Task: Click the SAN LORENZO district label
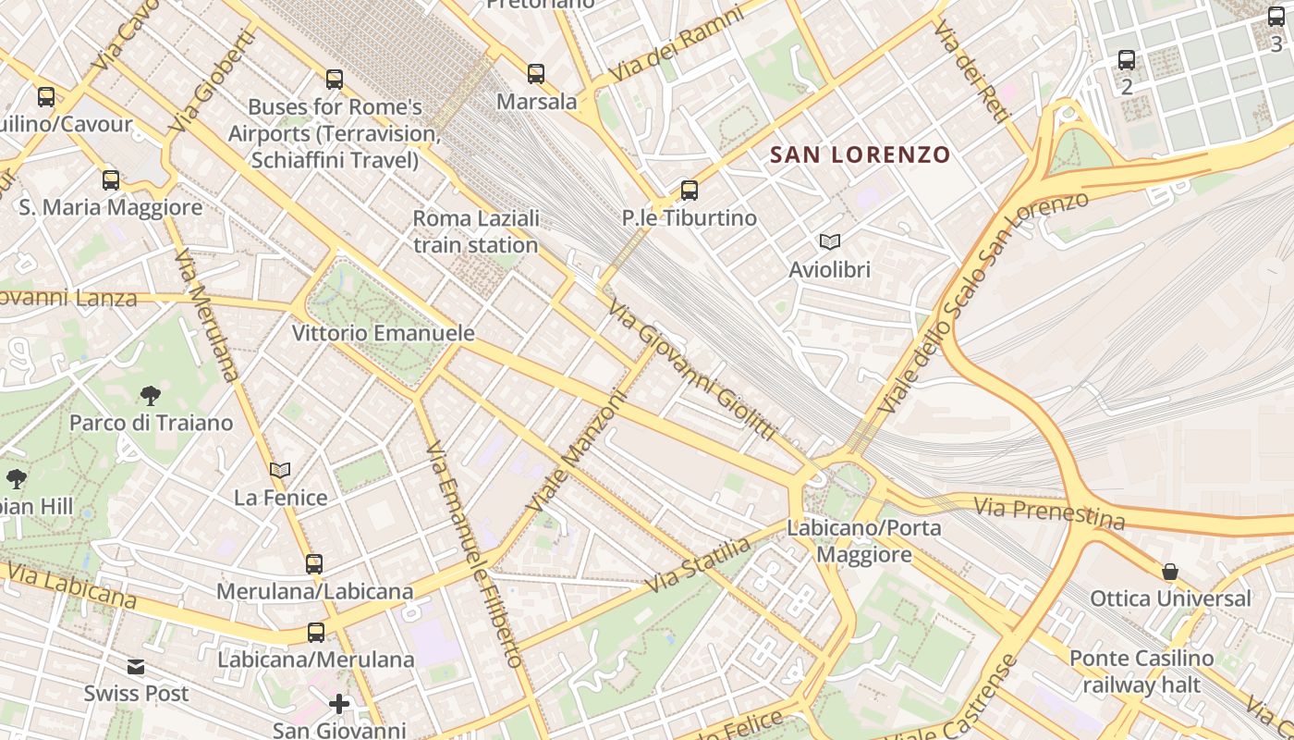[x=861, y=154]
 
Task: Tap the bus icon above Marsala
[x=536, y=74]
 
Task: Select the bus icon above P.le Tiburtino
[x=690, y=191]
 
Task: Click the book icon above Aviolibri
[x=830, y=241]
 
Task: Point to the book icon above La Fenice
[x=280, y=470]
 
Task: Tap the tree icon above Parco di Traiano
[x=151, y=396]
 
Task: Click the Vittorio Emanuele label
[x=383, y=333]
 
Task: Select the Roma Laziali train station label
[x=476, y=232]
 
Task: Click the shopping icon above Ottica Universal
[x=1170, y=572]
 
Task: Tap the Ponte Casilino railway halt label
[x=1141, y=672]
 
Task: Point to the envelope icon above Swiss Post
[x=136, y=666]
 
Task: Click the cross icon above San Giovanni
[x=339, y=704]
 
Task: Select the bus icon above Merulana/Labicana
[x=314, y=563]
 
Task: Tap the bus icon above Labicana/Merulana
[x=316, y=633]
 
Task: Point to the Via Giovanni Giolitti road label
[x=690, y=370]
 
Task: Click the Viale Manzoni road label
[x=578, y=451]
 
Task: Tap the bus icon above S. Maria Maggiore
[x=111, y=179]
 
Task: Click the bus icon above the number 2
[x=1127, y=60]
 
